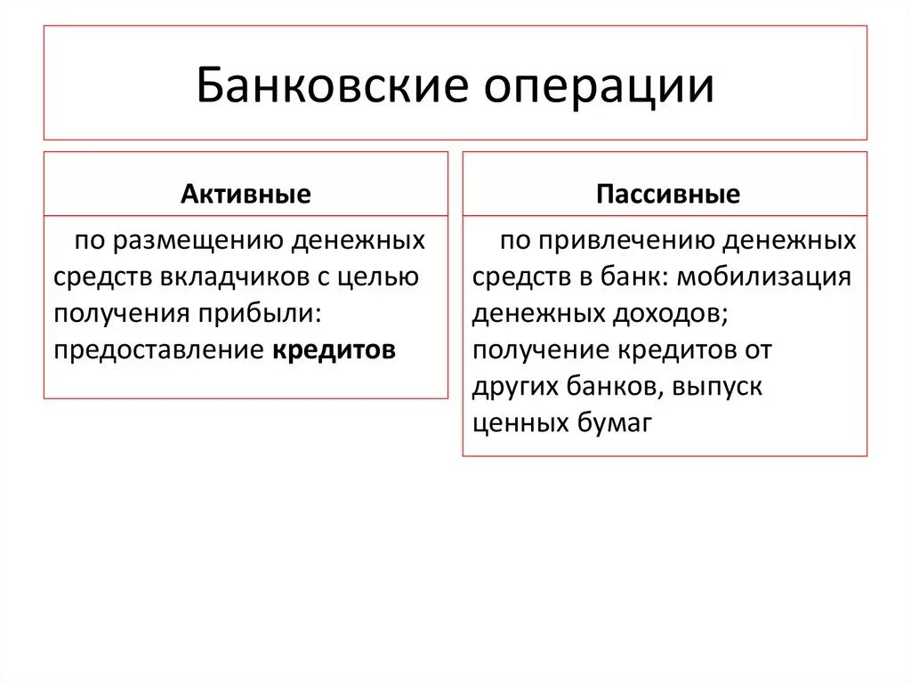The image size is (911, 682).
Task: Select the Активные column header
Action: [246, 195]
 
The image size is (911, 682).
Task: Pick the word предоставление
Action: [157, 350]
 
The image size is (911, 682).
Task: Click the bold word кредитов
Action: [334, 350]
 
